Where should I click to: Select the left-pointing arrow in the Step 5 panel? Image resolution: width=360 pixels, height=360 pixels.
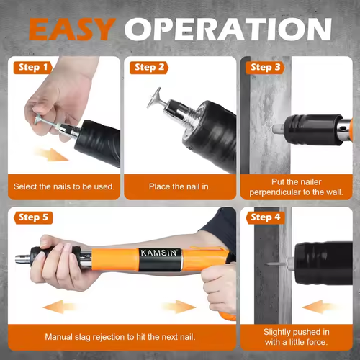click(61, 307)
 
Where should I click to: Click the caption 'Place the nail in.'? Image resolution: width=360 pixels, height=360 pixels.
click(181, 186)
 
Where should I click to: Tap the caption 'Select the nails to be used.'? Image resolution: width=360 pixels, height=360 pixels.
click(64, 186)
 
